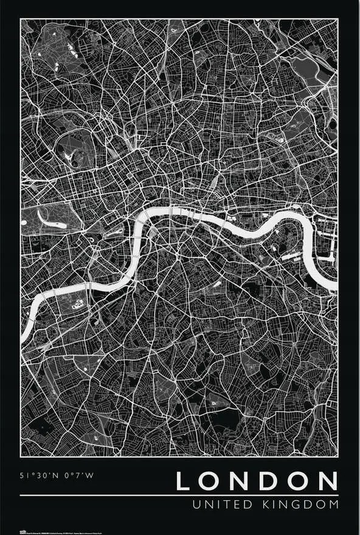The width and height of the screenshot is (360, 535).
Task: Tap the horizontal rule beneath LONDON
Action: coord(179,495)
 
